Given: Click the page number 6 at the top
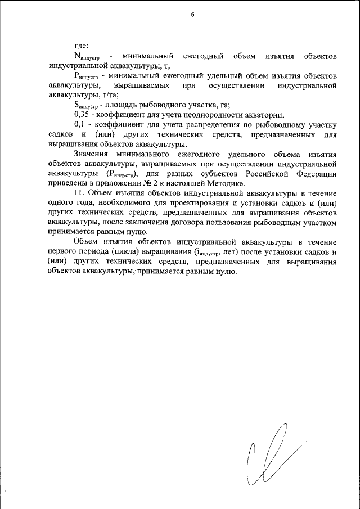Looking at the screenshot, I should [192, 15].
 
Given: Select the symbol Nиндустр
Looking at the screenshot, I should [87, 57].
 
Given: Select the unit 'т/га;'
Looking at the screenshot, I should [106, 95].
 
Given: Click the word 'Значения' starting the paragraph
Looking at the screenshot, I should [92, 154].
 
